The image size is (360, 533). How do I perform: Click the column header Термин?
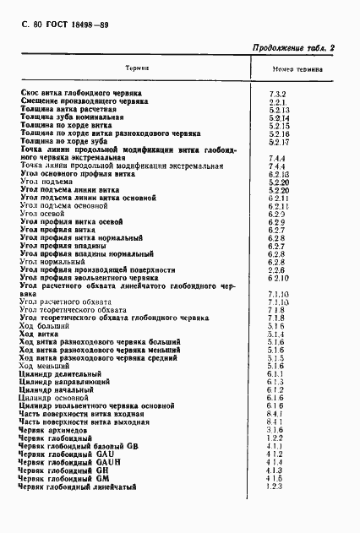[137, 68]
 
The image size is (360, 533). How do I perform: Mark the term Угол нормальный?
[51, 263]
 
